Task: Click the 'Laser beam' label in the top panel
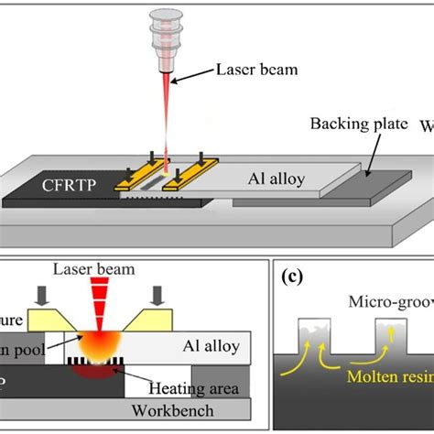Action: coord(250,70)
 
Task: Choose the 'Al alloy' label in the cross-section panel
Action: coord(212,346)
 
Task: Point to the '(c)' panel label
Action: coord(296,274)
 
